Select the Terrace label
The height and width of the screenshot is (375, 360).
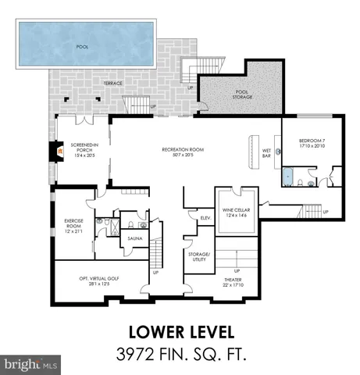pyautogui.click(x=115, y=82)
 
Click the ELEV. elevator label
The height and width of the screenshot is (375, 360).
pyautogui.click(x=206, y=218)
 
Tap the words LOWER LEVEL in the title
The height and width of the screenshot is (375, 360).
pyautogui.click(x=180, y=329)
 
